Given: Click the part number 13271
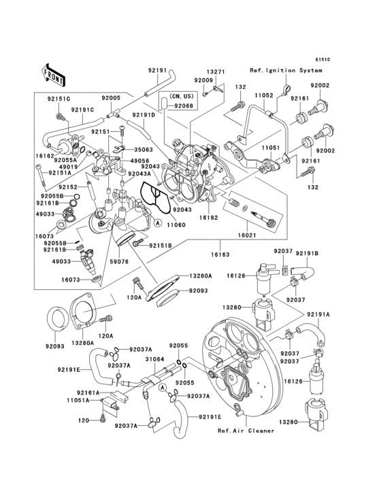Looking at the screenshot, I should click(x=216, y=71).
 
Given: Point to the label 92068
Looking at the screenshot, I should click(x=183, y=106).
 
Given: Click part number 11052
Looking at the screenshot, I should click(x=264, y=97).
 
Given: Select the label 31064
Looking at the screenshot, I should click(x=154, y=359).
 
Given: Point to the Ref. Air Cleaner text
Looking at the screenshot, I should click(x=246, y=431).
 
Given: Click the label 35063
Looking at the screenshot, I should click(x=143, y=148).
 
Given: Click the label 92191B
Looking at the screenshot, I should click(x=305, y=253).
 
